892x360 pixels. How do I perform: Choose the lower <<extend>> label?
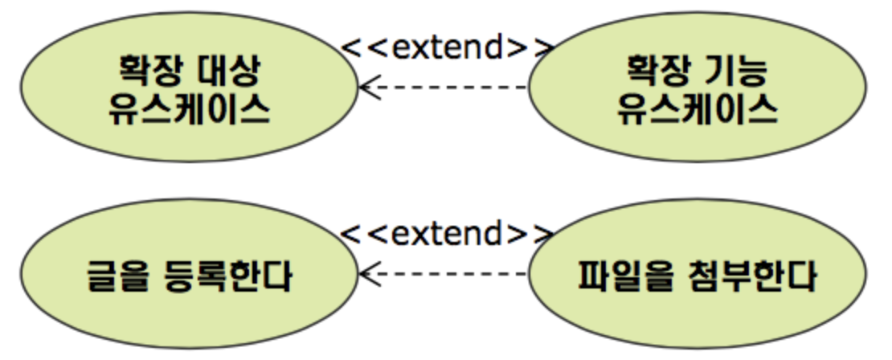[448, 234]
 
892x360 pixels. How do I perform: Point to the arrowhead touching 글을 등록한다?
[368, 275]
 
